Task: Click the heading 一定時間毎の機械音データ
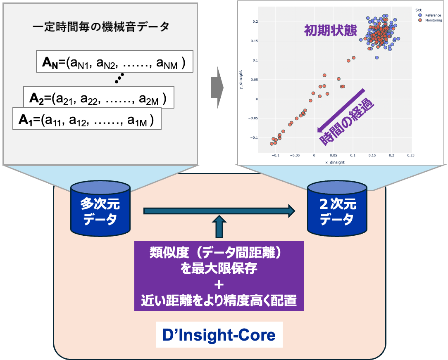click(101, 27)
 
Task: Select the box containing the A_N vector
click(114, 62)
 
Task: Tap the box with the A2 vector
click(98, 97)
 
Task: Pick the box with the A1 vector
click(86, 119)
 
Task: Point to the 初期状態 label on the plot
click(330, 31)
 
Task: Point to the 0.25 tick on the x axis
click(410, 156)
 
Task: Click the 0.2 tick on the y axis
click(255, 21)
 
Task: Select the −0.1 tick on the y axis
click(254, 137)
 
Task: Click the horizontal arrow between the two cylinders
click(219, 211)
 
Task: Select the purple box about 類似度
click(219, 276)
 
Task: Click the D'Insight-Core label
click(219, 334)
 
